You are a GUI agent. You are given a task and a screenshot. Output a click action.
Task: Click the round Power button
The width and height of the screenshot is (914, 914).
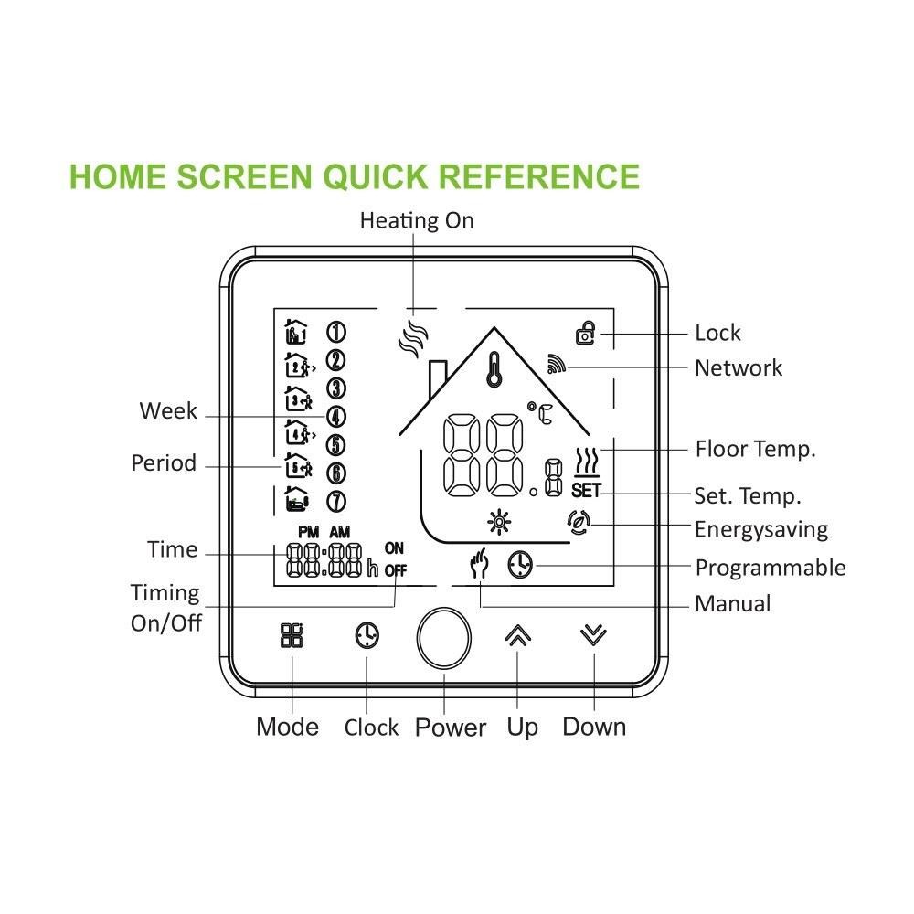pyautogui.click(x=444, y=638)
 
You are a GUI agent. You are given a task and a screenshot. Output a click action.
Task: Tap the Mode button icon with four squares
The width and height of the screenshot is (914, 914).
pyautogui.click(x=291, y=636)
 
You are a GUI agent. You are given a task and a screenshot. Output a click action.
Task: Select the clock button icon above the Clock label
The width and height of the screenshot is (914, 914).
pyautogui.click(x=367, y=636)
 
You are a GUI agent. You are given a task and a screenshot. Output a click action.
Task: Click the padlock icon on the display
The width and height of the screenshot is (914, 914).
pyautogui.click(x=585, y=334)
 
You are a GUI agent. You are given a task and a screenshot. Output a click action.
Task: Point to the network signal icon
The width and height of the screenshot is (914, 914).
pyautogui.click(x=558, y=365)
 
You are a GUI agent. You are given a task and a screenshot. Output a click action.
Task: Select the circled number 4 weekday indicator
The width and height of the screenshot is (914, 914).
pyautogui.click(x=335, y=417)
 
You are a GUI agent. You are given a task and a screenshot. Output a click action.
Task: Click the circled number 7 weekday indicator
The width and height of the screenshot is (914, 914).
pyautogui.click(x=335, y=501)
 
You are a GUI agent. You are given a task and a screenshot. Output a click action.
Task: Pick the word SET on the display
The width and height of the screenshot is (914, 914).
pyautogui.click(x=586, y=491)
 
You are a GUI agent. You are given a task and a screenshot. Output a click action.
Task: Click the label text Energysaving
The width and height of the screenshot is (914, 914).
pyautogui.click(x=760, y=529)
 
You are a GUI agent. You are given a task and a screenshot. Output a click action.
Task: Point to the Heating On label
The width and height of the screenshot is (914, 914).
pyautogui.click(x=416, y=220)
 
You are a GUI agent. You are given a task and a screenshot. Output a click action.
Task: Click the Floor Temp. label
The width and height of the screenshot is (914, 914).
pyautogui.click(x=755, y=449)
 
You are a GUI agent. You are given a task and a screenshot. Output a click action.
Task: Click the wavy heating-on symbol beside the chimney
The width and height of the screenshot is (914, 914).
pyautogui.click(x=412, y=337)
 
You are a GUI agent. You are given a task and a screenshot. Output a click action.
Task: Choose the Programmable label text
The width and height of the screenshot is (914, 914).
pyautogui.click(x=770, y=568)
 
